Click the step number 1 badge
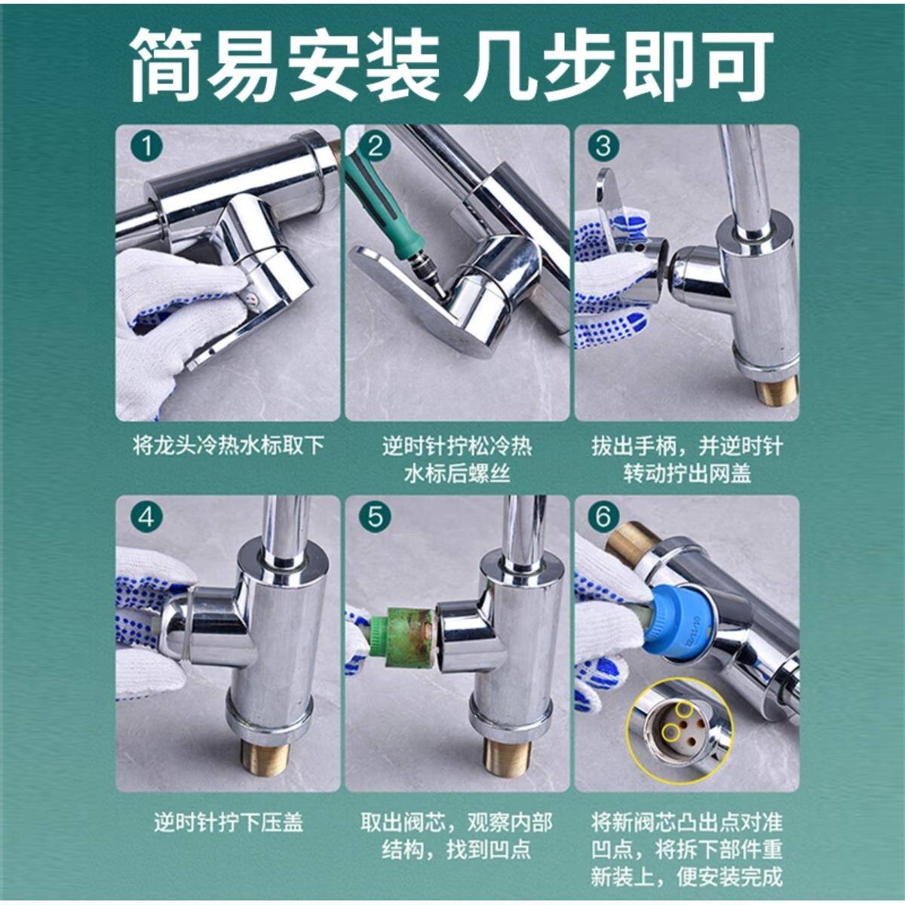[x=146, y=146]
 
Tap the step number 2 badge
[x=375, y=146]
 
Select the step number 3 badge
[x=603, y=145]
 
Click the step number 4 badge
[x=146, y=517]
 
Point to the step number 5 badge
[x=375, y=517]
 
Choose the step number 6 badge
[x=603, y=517]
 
